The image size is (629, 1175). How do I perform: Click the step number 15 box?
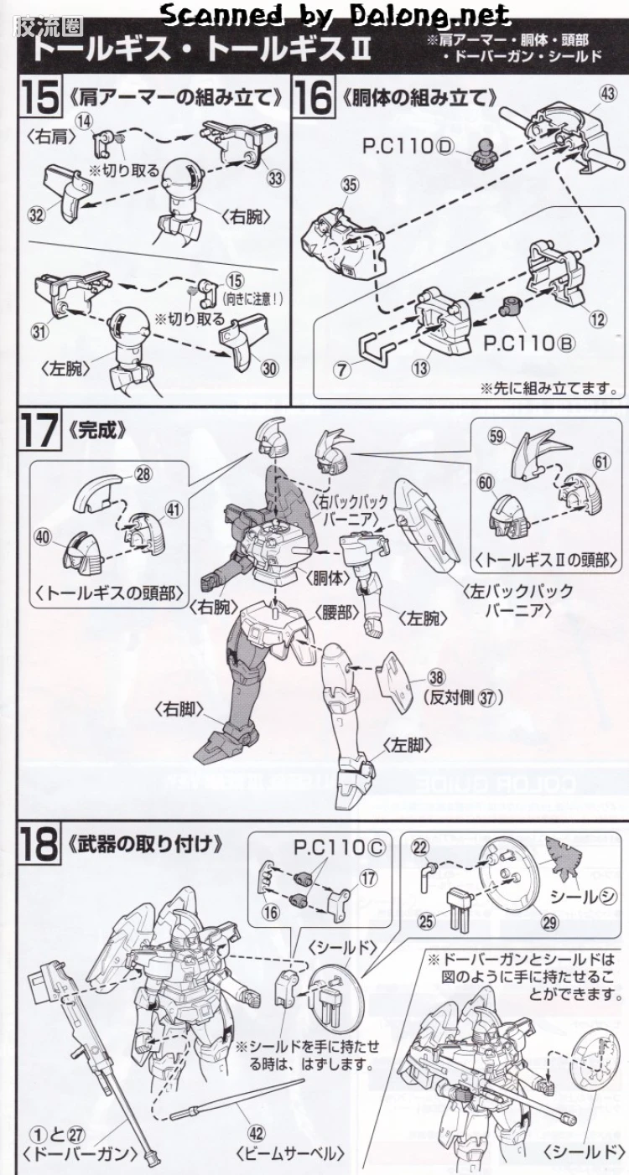click(40, 97)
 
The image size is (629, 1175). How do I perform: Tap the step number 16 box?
click(313, 97)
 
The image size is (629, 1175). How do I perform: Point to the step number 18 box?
click(39, 845)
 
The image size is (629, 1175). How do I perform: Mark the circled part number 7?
click(342, 370)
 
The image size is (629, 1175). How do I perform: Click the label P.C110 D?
click(408, 147)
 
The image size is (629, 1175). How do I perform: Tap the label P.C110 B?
click(529, 344)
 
